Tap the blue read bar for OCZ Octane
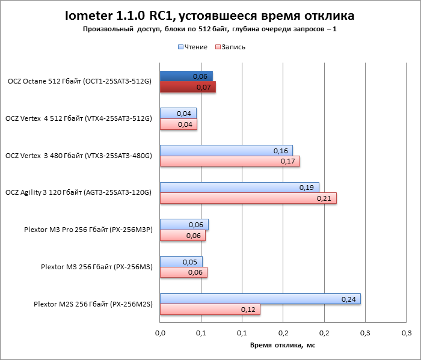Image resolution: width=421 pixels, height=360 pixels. click(x=186, y=76)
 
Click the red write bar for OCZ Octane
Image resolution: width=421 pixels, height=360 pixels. click(x=188, y=87)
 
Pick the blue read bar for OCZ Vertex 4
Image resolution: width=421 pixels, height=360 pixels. click(x=178, y=113)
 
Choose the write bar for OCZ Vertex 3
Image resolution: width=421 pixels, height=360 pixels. click(x=230, y=161)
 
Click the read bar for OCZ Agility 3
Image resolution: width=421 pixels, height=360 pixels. click(x=239, y=187)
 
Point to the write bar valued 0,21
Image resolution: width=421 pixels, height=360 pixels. click(x=248, y=198)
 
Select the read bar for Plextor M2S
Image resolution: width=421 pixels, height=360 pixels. click(x=260, y=299)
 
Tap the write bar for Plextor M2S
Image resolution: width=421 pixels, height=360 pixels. click(x=209, y=310)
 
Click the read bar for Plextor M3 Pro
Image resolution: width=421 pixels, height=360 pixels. click(x=184, y=224)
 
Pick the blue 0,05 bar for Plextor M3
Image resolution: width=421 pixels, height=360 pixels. click(x=181, y=261)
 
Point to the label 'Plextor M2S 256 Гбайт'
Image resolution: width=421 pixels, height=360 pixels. click(x=93, y=305)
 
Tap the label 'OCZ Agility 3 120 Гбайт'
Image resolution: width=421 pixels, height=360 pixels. click(x=78, y=193)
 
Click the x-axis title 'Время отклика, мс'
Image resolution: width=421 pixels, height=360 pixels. click(x=282, y=345)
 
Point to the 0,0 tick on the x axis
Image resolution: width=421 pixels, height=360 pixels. click(x=160, y=332)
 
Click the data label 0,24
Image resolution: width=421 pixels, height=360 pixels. click(x=348, y=299)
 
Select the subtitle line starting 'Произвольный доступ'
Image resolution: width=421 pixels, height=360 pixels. click(x=210, y=29)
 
